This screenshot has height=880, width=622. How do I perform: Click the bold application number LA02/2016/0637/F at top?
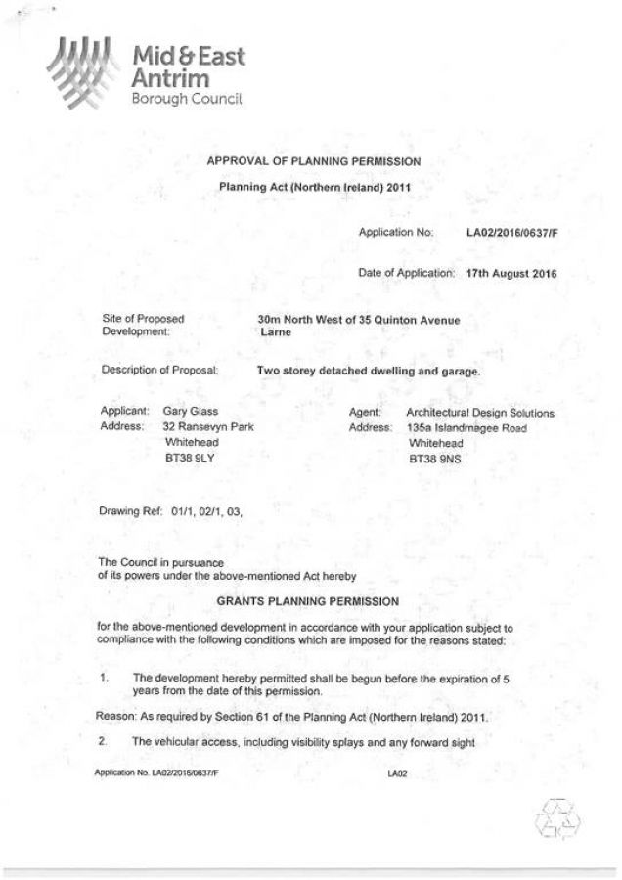tap(511, 234)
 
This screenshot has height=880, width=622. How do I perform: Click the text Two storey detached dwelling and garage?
tap(369, 372)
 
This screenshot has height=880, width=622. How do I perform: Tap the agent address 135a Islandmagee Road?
tap(472, 428)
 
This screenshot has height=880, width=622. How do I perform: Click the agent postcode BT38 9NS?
tap(432, 458)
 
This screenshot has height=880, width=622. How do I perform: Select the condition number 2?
tap(102, 741)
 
